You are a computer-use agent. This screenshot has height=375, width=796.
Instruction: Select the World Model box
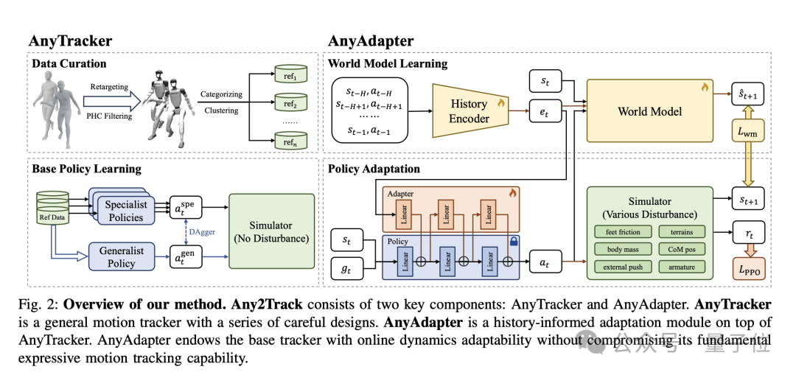(x=649, y=111)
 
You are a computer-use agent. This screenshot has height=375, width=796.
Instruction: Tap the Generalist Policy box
(x=122, y=256)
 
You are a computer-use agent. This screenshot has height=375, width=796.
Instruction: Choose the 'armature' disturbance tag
(x=682, y=267)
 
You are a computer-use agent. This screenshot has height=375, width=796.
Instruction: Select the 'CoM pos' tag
(x=682, y=249)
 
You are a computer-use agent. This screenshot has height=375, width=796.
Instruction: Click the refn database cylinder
(x=290, y=139)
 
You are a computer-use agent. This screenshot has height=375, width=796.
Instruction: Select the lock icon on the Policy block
(x=513, y=240)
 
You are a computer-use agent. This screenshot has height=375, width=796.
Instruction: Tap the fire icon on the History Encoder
(x=500, y=102)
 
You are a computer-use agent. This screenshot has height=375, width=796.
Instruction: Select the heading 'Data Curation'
(x=69, y=64)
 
